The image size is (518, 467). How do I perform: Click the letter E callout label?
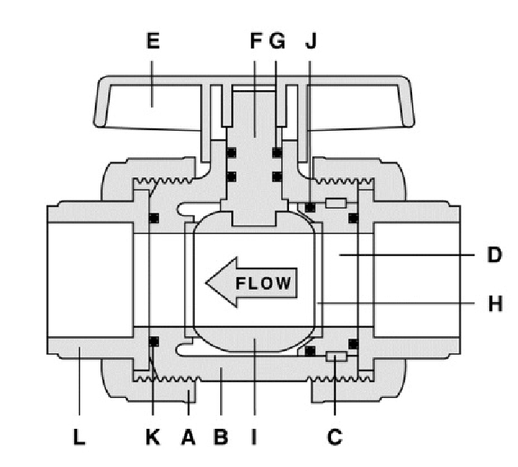153,41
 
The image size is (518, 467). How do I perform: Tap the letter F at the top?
256,41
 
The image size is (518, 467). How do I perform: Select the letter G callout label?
277,41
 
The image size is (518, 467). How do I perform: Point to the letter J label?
311,41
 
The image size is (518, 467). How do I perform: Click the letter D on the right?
494,255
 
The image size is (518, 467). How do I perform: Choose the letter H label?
495,304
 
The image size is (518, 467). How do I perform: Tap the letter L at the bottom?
79,437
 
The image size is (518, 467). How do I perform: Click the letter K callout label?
153,437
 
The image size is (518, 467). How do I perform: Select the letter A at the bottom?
189,437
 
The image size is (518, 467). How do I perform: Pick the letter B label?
221,437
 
